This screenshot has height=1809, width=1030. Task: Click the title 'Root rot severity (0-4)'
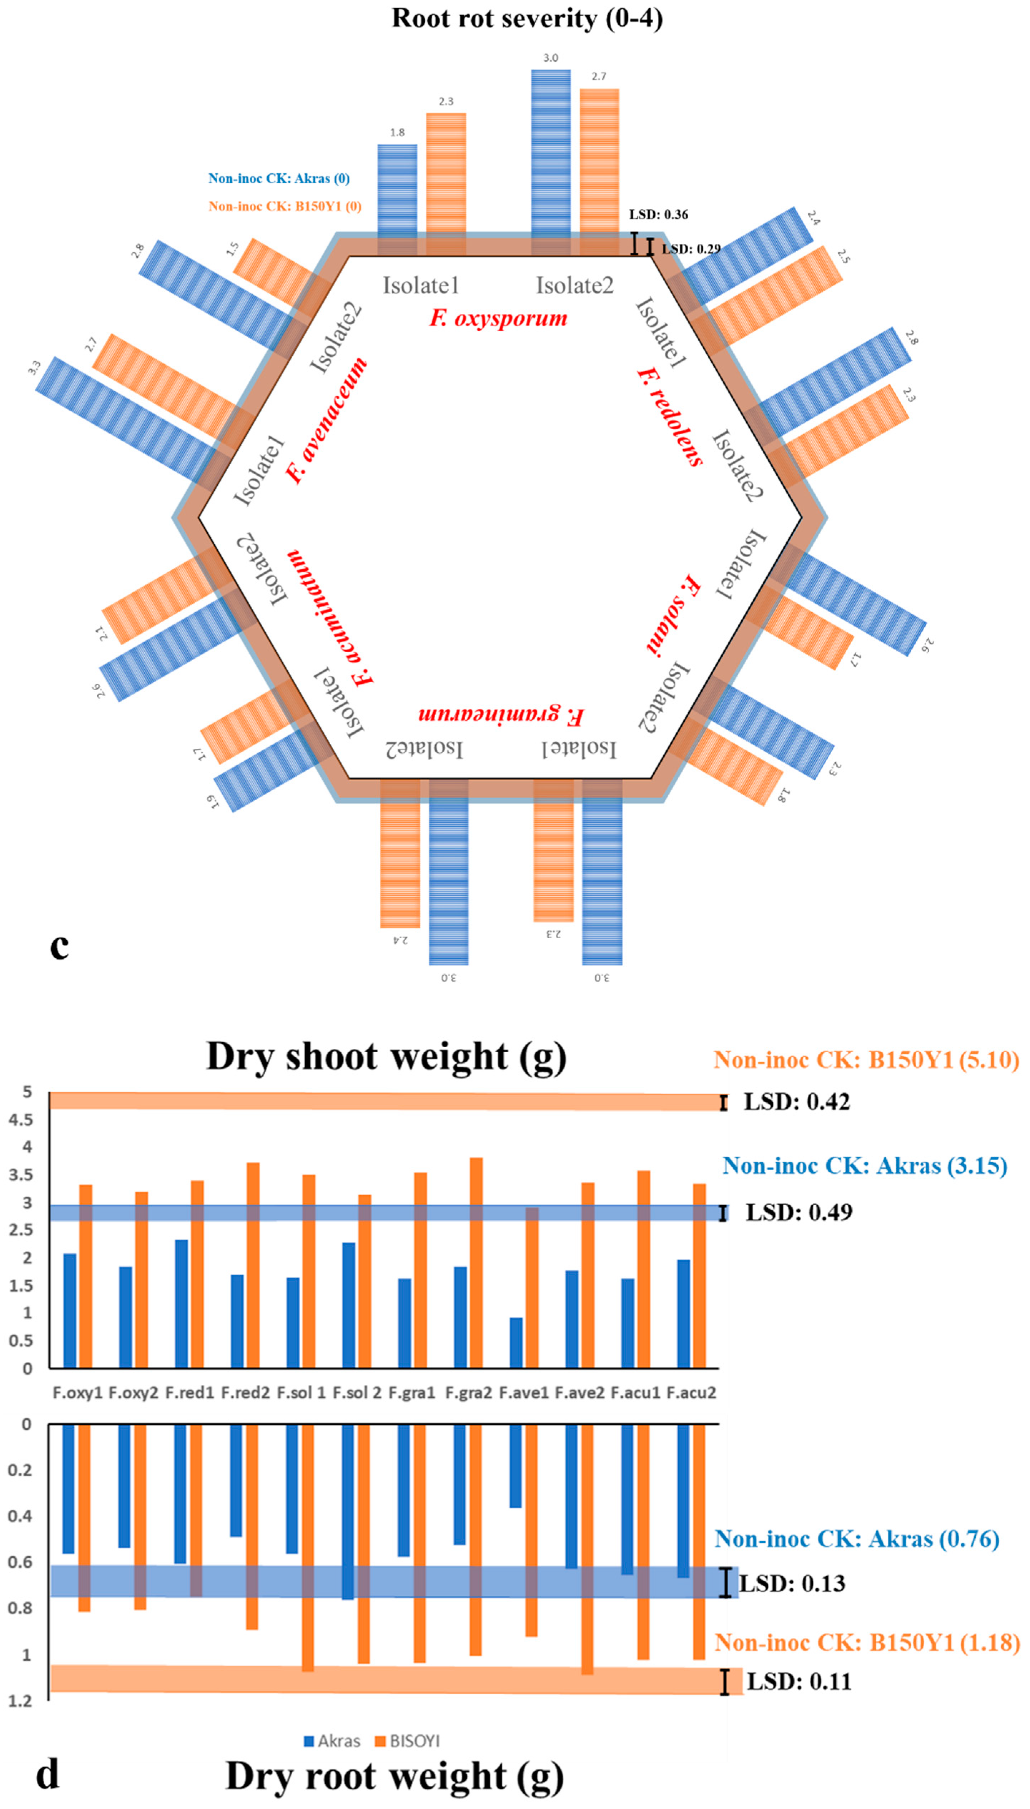(x=527, y=18)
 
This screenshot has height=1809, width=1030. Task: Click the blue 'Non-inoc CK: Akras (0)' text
(x=279, y=178)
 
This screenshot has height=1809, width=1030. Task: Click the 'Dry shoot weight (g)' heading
(x=386, y=1056)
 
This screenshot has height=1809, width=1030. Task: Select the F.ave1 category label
(x=524, y=1392)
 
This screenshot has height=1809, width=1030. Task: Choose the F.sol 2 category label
(x=357, y=1392)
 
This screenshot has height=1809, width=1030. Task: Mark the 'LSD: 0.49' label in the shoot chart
(x=799, y=1212)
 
